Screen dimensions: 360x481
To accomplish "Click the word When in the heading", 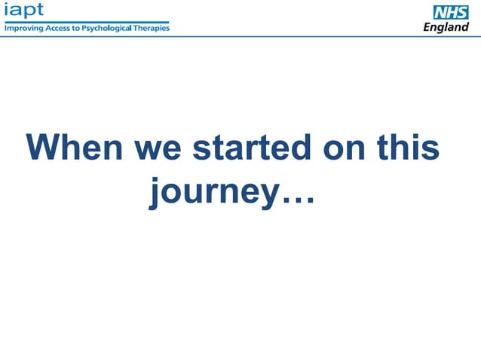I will pyautogui.click(x=74, y=148).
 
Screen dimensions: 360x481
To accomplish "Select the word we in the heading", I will pyautogui.click(x=158, y=148).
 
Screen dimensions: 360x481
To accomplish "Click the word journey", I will pyautogui.click(x=214, y=192).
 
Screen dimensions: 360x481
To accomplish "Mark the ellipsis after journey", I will pyautogui.click(x=297, y=197).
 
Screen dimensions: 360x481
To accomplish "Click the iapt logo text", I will pyautogui.click(x=24, y=10).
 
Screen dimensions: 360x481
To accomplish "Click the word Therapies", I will pyautogui.click(x=153, y=28).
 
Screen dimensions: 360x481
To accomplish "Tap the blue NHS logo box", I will pyautogui.click(x=450, y=12).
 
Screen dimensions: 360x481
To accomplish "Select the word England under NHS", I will pyautogui.click(x=446, y=27).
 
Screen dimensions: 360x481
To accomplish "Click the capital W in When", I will pyautogui.click(x=42, y=148).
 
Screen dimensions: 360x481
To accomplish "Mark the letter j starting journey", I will pyautogui.click(x=155, y=193).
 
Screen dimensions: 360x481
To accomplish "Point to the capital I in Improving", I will pyautogui.click(x=7, y=28).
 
